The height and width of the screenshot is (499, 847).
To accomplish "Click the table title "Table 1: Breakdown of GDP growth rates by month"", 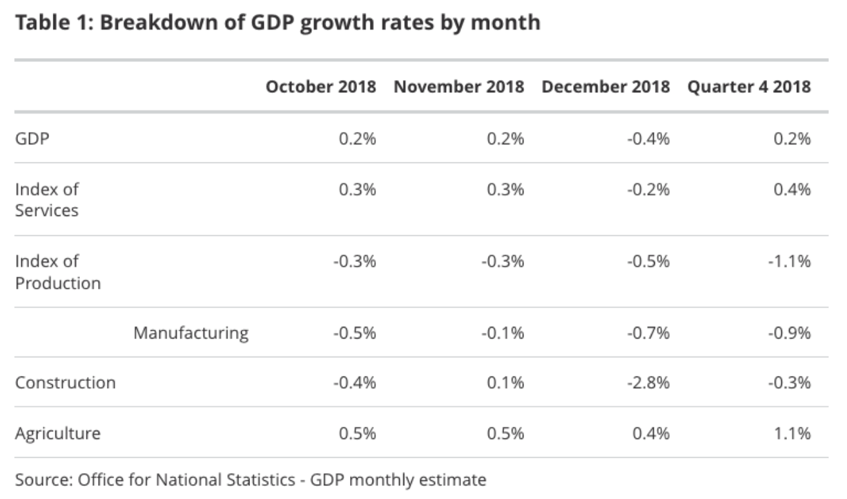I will point(277,23).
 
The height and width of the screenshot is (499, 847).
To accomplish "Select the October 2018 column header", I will point(320,86).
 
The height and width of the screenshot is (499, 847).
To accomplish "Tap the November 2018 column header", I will point(459,86).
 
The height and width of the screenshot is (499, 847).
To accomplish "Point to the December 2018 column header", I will point(605,86).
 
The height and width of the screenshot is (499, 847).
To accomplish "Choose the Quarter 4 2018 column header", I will point(749,86).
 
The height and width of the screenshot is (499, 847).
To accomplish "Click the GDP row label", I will point(33,139).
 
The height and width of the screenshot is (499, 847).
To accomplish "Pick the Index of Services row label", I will point(47,200).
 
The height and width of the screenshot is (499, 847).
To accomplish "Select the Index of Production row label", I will point(58,272).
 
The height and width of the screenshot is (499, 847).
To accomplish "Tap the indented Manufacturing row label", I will point(191,333).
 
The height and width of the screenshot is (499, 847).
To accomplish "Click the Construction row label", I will point(65,382).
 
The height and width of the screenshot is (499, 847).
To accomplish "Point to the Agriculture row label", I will point(58,433).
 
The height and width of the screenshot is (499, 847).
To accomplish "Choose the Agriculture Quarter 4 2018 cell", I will point(793,433).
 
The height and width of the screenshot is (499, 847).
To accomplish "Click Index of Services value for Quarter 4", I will point(793,190).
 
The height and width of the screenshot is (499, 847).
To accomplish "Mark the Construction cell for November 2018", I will point(507,383).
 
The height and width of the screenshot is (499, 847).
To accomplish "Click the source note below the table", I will point(251,480).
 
